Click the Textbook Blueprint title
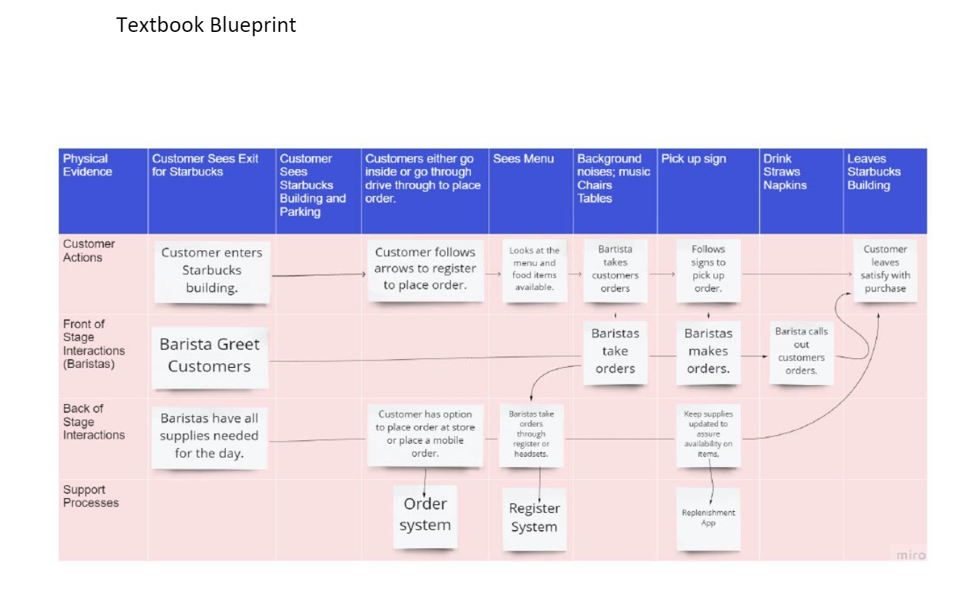[206, 25]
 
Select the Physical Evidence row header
[88, 165]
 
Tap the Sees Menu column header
[523, 159]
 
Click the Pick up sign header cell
[693, 159]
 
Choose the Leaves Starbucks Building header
[874, 172]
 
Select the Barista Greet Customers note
[210, 356]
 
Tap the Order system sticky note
[425, 516]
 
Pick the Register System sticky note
[534, 519]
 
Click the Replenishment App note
[708, 519]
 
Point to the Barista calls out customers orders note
[801, 352]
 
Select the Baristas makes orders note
[708, 352]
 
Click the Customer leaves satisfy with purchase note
[885, 269]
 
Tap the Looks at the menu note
[533, 269]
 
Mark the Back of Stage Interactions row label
[94, 422]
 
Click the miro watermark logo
[911, 555]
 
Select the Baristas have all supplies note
[209, 436]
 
